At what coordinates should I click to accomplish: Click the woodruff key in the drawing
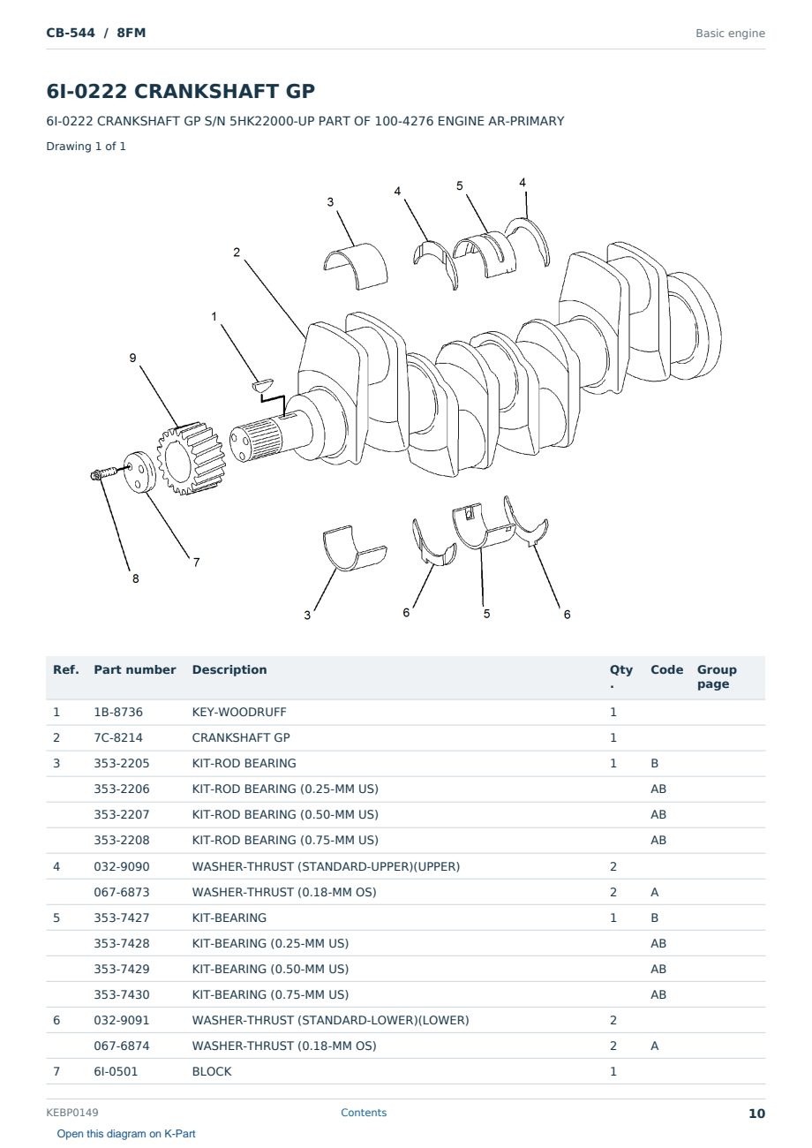(263, 384)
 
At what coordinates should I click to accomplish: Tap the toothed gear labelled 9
(191, 457)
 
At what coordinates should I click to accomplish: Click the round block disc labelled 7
(139, 472)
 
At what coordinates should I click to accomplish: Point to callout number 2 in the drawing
(237, 253)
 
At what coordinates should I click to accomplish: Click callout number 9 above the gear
(132, 358)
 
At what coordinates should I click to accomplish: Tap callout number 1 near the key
(214, 316)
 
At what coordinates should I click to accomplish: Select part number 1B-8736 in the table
(118, 712)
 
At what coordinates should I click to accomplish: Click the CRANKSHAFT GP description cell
(241, 737)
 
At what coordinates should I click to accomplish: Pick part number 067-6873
(122, 892)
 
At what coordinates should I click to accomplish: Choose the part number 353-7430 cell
(122, 994)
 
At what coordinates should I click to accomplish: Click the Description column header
(229, 670)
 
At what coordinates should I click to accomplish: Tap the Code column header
(666, 670)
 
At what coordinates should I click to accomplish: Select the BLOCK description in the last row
(212, 1072)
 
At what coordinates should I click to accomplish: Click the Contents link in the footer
(364, 1113)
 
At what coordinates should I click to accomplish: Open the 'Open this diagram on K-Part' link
(126, 1134)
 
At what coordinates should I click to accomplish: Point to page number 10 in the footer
(756, 1114)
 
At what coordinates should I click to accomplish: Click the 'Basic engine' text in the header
(730, 34)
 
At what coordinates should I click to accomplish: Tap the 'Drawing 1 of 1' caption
(86, 147)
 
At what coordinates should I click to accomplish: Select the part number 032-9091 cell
(122, 1020)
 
